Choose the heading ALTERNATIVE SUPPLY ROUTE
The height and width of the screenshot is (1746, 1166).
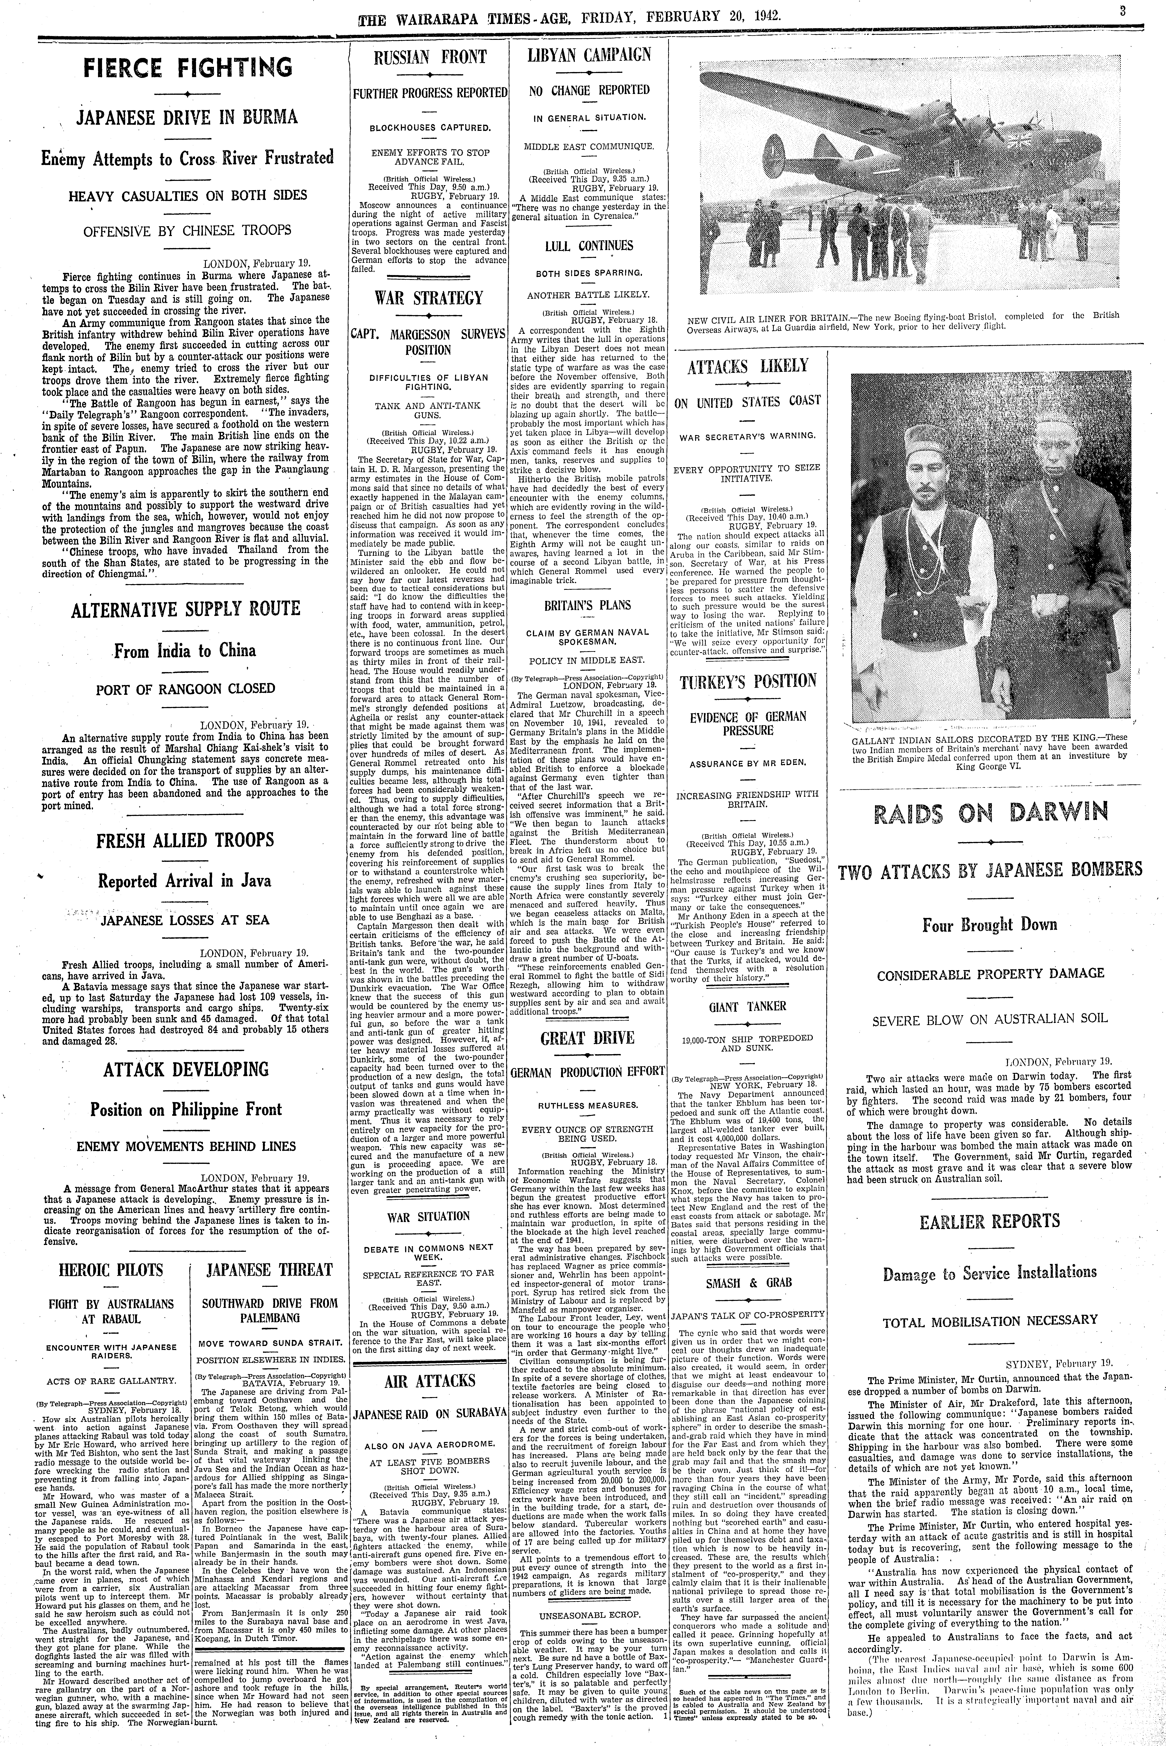point(186,610)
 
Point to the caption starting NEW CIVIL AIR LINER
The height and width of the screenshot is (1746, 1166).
point(904,321)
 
